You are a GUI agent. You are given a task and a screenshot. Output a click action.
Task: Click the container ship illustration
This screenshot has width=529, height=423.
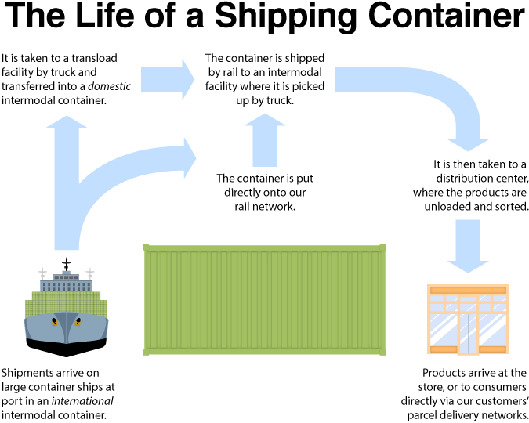[x=66, y=309]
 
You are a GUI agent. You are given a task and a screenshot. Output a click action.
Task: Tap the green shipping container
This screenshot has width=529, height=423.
[x=264, y=298]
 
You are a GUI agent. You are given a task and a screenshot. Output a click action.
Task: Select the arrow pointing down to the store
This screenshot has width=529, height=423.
[x=468, y=247]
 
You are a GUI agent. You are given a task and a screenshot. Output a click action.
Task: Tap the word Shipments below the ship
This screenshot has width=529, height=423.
[x=29, y=372]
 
